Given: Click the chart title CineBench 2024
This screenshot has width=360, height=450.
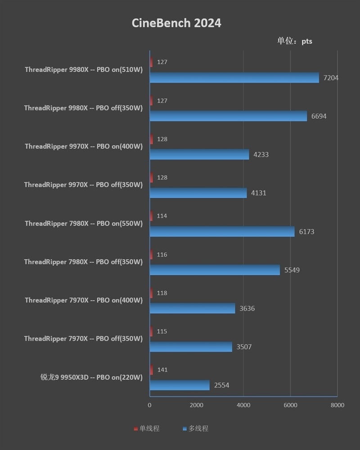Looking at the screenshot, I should coord(176,23).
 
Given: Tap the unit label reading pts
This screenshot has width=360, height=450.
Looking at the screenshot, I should coord(306,41).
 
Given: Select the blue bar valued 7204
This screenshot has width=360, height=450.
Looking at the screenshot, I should coord(234,78).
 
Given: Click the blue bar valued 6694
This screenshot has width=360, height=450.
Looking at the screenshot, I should coord(228,116).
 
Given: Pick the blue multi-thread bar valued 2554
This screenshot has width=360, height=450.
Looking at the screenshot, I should coord(180,385).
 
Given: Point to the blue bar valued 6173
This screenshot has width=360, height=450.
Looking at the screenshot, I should coord(222,232).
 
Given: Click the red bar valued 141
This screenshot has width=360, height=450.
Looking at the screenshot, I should coord(151,370).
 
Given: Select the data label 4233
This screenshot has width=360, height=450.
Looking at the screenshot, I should coord(261,155).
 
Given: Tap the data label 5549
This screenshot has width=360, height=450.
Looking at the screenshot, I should coord(292,270).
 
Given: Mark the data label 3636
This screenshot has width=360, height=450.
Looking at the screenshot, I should coord(247,309).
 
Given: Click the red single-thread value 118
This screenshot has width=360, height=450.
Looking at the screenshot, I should coord(162,293).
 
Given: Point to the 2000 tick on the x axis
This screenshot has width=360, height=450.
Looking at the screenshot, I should coord(196,405).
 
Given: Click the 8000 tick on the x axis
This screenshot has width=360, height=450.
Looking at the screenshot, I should coord(337,405).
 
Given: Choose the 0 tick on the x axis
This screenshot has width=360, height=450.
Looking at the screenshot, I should coord(149,405).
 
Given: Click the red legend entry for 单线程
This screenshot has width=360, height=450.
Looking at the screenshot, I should coord(147,429).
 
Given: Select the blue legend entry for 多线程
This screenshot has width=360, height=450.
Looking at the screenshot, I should coord(196,429).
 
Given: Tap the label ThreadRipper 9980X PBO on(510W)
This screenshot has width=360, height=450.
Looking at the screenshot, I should coord(84,70).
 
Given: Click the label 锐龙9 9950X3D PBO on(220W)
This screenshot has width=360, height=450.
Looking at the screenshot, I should coord(91,377).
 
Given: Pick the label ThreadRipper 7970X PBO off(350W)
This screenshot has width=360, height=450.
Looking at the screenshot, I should coord(83,339).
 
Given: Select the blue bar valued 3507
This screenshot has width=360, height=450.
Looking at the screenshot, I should coord(191,347).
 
